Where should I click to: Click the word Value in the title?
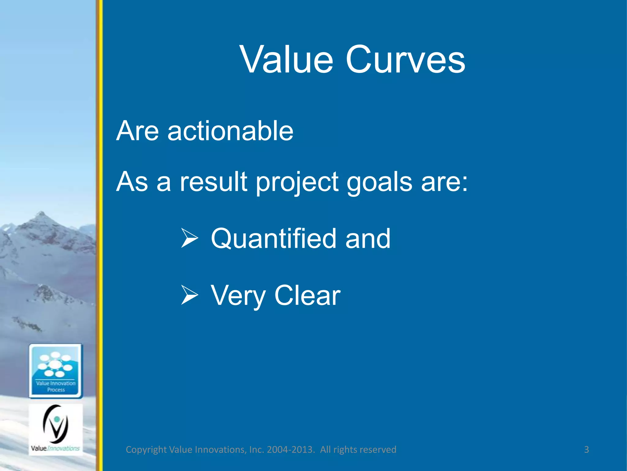click(x=287, y=59)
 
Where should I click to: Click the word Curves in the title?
click(x=405, y=59)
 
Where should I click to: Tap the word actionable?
click(x=230, y=131)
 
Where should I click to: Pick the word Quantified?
click(x=274, y=239)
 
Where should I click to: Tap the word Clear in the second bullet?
click(x=307, y=295)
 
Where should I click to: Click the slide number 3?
click(x=586, y=450)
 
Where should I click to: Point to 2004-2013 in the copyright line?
click(x=291, y=450)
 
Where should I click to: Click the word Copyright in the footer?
click(x=146, y=450)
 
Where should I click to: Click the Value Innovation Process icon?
click(x=56, y=371)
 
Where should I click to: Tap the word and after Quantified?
click(x=368, y=239)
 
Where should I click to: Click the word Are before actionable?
click(x=137, y=131)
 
